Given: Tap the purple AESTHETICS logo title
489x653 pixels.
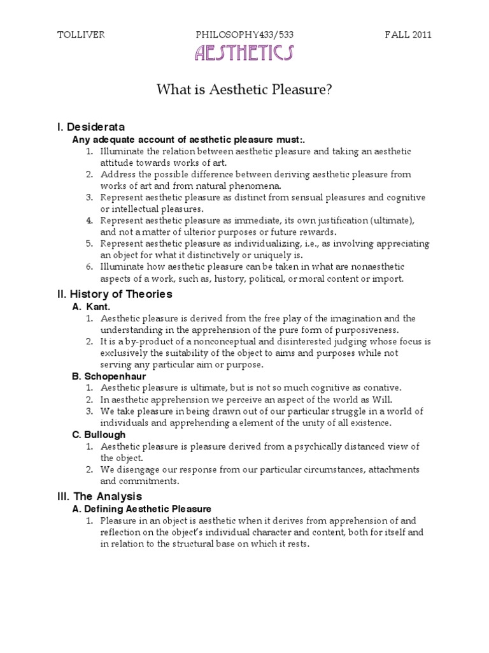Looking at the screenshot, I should click(x=244, y=54).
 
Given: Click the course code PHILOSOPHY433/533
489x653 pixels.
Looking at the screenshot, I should click(x=244, y=35).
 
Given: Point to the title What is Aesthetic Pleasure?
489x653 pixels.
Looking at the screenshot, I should click(x=244, y=91).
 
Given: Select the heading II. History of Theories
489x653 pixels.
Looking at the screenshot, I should click(x=115, y=294).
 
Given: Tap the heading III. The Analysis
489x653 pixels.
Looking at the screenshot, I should click(x=99, y=495).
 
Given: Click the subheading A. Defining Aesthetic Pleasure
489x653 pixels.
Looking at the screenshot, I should click(x=142, y=509).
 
